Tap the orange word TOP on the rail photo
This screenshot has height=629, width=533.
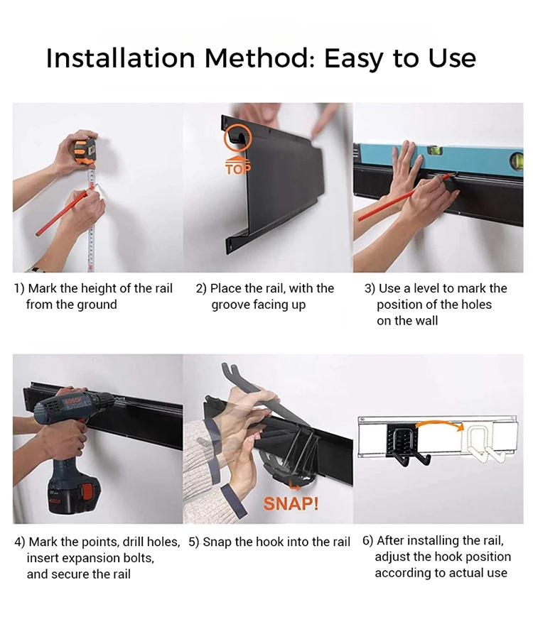click(x=238, y=169)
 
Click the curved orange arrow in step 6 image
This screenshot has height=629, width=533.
click(x=437, y=425)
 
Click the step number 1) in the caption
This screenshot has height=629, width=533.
click(x=19, y=288)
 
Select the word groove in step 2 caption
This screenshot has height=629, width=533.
click(x=230, y=305)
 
